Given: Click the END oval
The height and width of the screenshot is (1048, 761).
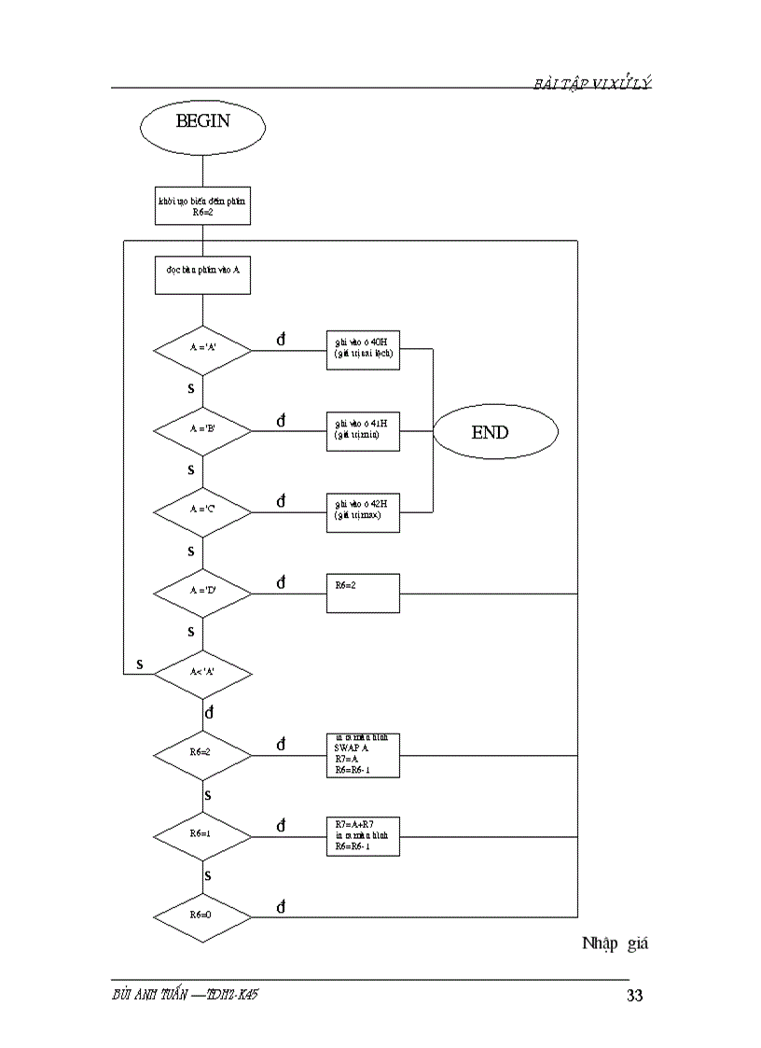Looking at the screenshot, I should pyautogui.click(x=495, y=432).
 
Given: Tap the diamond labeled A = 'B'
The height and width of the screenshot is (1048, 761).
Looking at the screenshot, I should pyautogui.click(x=202, y=431).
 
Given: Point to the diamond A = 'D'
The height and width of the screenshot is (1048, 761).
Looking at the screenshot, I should pyautogui.click(x=202, y=593).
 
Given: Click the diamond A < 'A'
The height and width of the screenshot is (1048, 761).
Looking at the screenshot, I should pyautogui.click(x=202, y=673).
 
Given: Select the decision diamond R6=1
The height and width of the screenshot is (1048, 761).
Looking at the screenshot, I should pyautogui.click(x=202, y=833).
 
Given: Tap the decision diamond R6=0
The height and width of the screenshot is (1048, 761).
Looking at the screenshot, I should pyautogui.click(x=202, y=915).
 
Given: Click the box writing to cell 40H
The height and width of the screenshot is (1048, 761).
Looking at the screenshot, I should pyautogui.click(x=363, y=350).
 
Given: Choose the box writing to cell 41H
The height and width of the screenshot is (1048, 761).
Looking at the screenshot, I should pyautogui.click(x=363, y=431).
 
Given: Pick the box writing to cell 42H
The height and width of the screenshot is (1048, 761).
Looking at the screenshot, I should pyautogui.click(x=363, y=512).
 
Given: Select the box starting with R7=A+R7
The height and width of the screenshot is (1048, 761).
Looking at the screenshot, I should pyautogui.click(x=363, y=835).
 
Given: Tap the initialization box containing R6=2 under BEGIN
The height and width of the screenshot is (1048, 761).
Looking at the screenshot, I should pyautogui.click(x=202, y=206).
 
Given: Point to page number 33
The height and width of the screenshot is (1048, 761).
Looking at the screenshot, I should pyautogui.click(x=634, y=996).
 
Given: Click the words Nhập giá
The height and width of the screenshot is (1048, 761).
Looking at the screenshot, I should pyautogui.click(x=615, y=943).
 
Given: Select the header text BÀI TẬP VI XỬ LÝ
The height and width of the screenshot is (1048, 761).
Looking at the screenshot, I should pyautogui.click(x=592, y=84).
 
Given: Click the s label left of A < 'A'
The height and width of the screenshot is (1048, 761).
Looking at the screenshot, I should pyautogui.click(x=140, y=664).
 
